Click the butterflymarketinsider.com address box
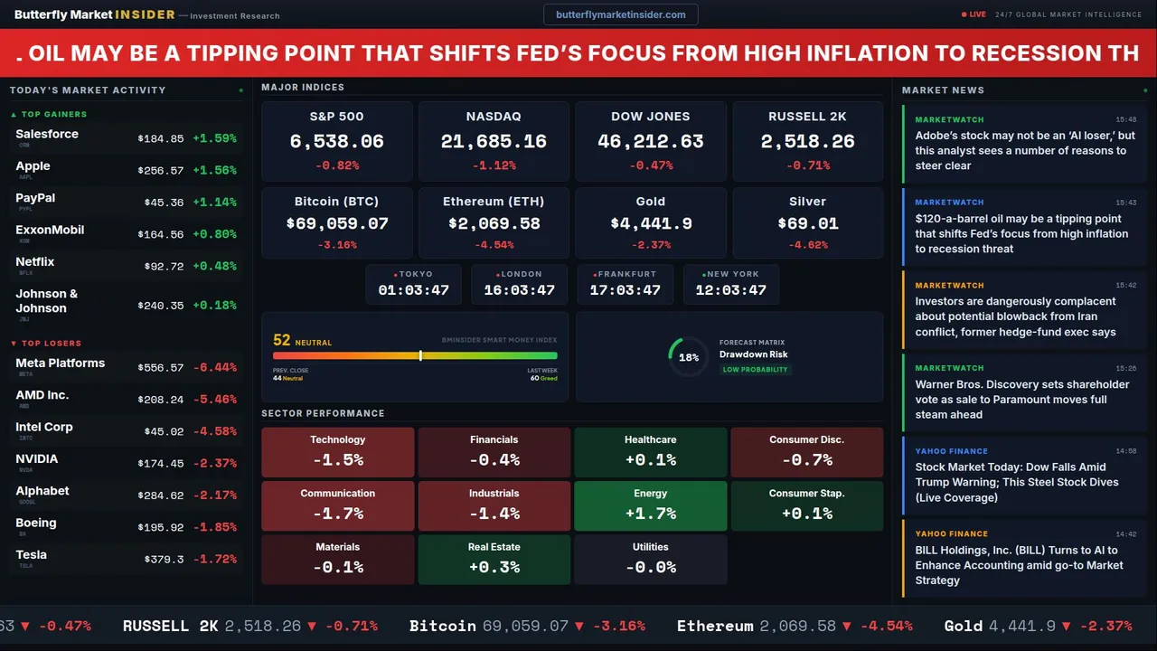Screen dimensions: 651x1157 pos(621,14)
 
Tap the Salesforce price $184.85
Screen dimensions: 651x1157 pos(161,138)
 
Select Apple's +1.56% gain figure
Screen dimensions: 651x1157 pos(214,170)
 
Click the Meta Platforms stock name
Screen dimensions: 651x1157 pos(61,363)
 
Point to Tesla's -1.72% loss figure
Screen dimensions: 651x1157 pos(214,560)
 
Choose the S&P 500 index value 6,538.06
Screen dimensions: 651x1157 pos(336,142)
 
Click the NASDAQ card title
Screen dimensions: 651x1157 pos(494,117)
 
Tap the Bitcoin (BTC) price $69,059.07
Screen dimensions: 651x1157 pos(336,223)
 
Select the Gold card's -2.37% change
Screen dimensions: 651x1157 pos(651,245)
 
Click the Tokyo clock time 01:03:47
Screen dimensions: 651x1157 pos(413,290)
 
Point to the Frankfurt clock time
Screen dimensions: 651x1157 pos(625,290)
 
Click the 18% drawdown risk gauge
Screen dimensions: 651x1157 pos(689,357)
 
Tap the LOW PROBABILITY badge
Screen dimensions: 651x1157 pos(755,370)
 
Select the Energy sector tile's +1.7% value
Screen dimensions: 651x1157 pos(651,514)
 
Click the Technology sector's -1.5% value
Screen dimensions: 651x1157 pos(338,459)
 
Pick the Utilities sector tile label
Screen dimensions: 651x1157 pos(651,547)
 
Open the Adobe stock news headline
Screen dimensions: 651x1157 pos(1024,151)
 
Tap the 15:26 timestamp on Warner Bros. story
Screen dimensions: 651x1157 pos(1125,368)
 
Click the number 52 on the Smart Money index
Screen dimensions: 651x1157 pos(282,340)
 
